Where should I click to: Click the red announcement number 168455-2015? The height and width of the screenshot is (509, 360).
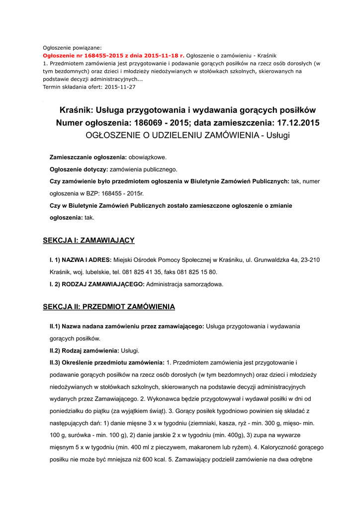[x=99, y=56]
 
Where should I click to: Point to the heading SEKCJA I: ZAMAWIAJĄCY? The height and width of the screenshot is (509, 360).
[x=89, y=241]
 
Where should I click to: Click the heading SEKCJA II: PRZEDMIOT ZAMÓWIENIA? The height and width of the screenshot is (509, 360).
[x=109, y=307]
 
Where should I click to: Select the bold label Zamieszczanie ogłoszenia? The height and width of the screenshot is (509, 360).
[x=88, y=157]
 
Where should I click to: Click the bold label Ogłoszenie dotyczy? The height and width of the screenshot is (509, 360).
[x=79, y=170]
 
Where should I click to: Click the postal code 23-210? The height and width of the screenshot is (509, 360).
[x=309, y=259]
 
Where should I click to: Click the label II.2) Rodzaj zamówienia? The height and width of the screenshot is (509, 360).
[x=81, y=350]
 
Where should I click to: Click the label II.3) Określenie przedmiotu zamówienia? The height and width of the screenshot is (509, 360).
[x=107, y=362]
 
